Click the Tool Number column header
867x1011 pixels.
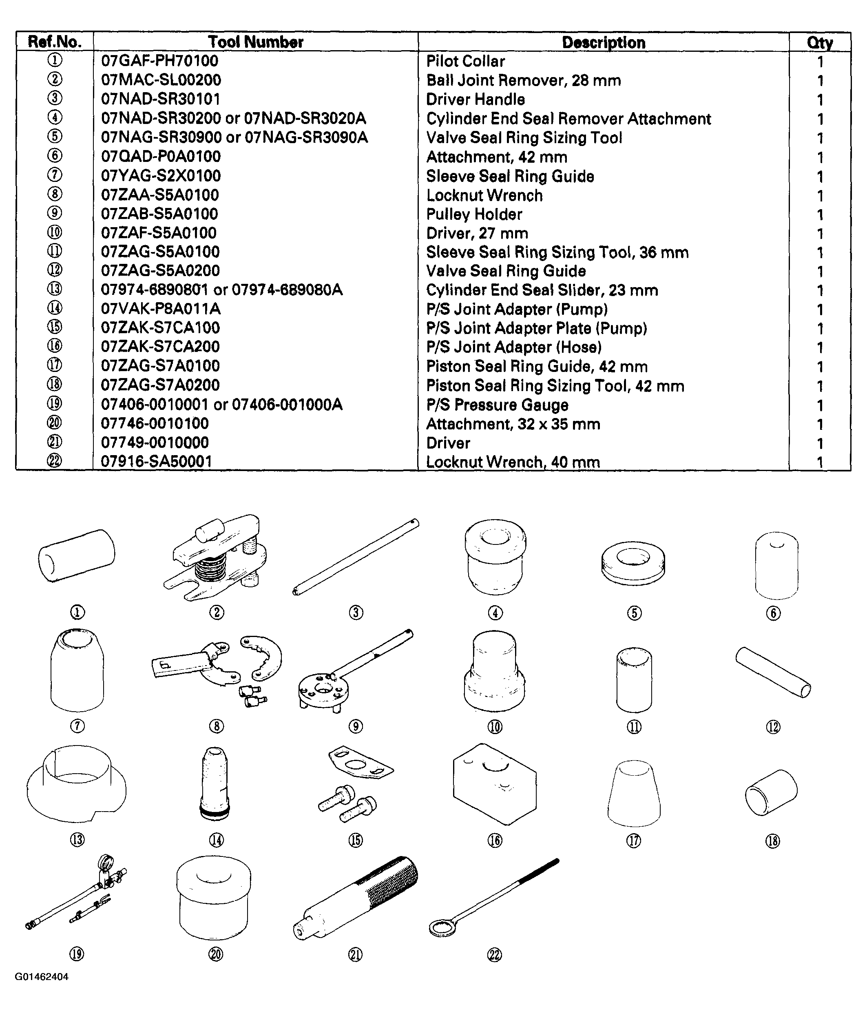[255, 42]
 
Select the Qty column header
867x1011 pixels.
[820, 42]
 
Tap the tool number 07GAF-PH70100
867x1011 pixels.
[159, 61]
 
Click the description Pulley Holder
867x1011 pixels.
[474, 214]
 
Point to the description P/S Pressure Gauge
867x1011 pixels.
[497, 405]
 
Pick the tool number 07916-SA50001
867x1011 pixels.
[156, 462]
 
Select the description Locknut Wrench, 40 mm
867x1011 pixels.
[513, 462]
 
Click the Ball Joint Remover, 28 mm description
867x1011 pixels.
[523, 80]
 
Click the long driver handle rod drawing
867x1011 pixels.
[356, 557]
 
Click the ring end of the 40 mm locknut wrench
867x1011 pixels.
[442, 927]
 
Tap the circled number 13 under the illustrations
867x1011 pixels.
[77, 840]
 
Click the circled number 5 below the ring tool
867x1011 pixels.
[634, 613]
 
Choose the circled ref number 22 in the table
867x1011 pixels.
[55, 461]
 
